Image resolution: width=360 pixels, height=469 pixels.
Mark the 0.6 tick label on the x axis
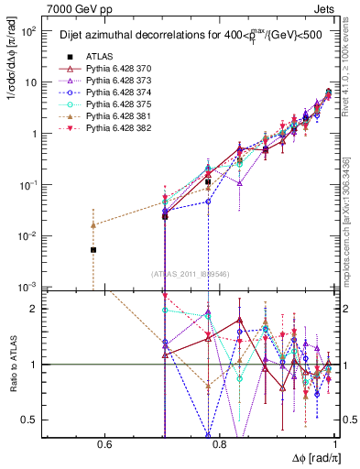click(104, 446)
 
